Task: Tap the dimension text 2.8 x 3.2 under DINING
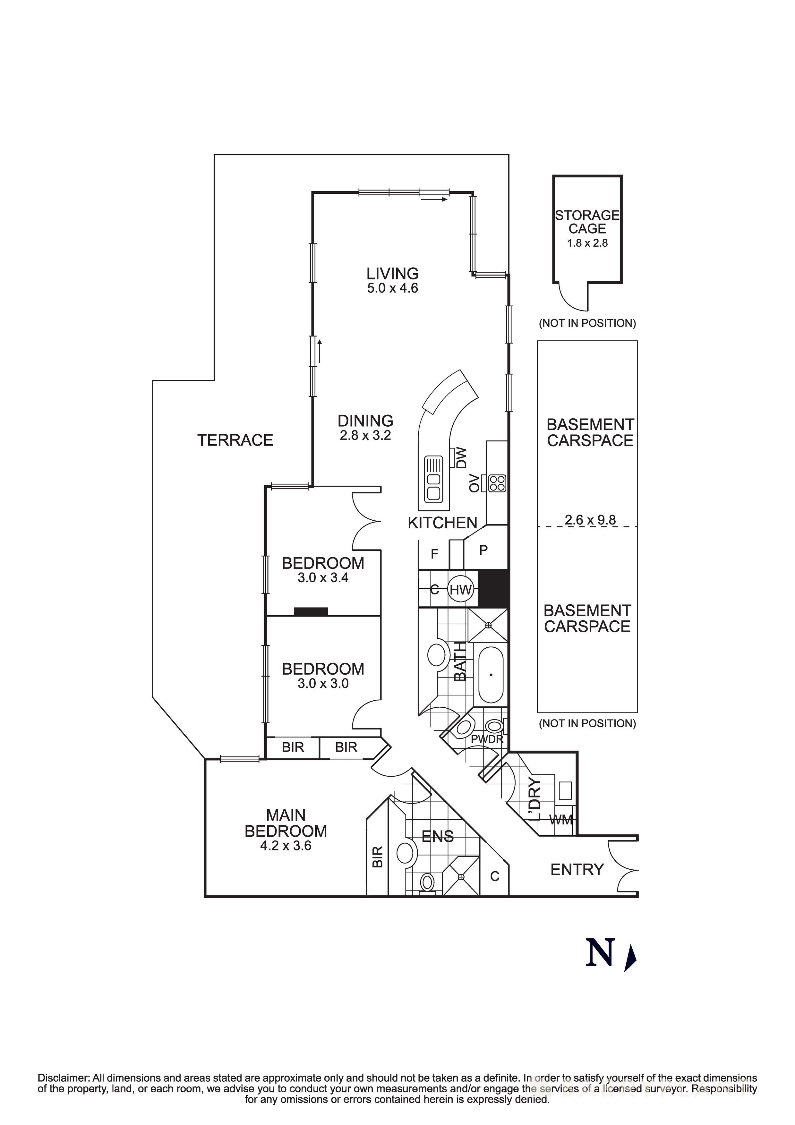pos(365,435)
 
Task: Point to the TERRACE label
pos(235,440)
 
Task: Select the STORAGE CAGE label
pos(587,222)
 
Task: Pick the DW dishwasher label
pos(462,458)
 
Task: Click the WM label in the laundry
pos(561,820)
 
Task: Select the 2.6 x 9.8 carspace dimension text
pos(590,520)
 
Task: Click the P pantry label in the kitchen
pos(483,550)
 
